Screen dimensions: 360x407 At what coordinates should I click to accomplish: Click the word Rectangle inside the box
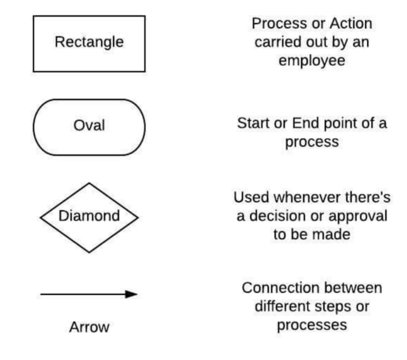(x=89, y=43)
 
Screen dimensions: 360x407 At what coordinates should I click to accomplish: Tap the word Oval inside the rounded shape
(x=89, y=125)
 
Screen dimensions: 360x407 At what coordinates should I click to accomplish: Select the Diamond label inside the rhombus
(x=89, y=216)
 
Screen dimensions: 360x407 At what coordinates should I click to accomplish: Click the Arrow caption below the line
(x=89, y=328)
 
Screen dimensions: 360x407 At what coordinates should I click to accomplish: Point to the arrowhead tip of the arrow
(x=137, y=294)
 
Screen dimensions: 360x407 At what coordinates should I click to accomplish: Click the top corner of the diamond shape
(x=89, y=183)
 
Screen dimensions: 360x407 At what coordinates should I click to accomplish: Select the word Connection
(x=277, y=287)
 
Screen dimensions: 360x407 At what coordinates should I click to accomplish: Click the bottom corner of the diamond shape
(x=89, y=253)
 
